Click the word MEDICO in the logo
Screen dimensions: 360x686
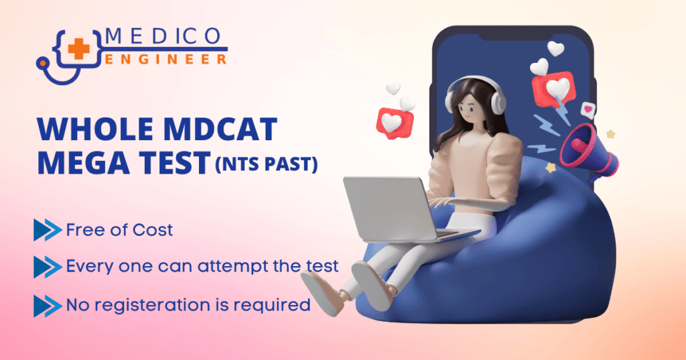pos(166,36)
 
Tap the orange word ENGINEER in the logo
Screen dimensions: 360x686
pos(166,60)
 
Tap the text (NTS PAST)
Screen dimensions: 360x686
pos(265,165)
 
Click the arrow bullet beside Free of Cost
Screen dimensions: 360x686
pos(47,231)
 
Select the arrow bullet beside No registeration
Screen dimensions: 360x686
pos(47,306)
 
